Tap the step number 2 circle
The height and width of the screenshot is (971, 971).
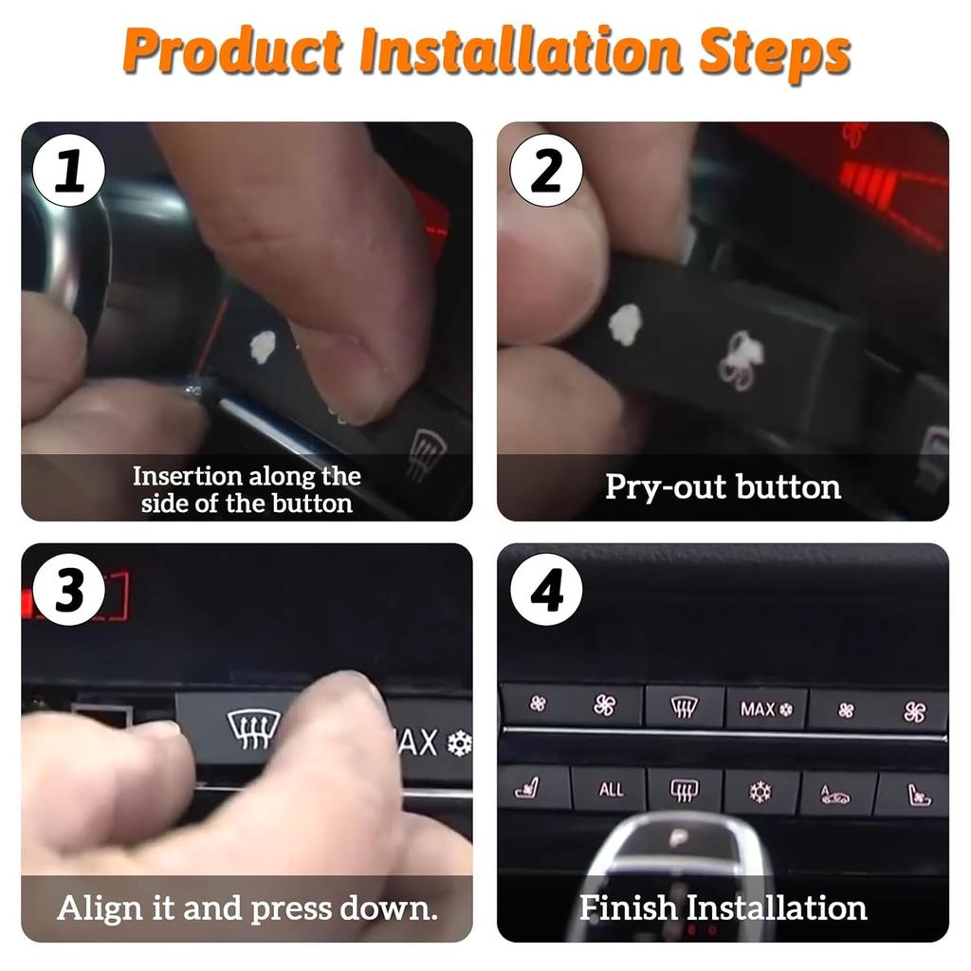click(x=546, y=173)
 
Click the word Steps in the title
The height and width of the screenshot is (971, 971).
click(x=773, y=53)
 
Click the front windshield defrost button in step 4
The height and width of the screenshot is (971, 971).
click(x=685, y=707)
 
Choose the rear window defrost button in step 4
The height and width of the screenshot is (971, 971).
click(x=685, y=790)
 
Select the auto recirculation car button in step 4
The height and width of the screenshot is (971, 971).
click(x=835, y=794)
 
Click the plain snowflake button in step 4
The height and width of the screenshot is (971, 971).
click(x=760, y=791)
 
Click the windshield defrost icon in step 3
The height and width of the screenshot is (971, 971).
click(x=254, y=729)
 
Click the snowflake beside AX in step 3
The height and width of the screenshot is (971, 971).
click(x=459, y=742)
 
